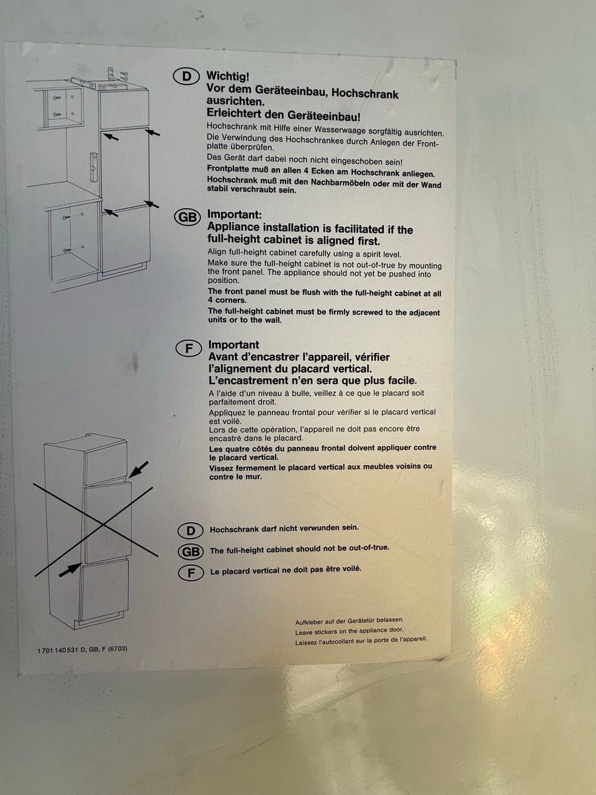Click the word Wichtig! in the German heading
pyautogui.click(x=228, y=76)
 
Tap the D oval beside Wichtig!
pyautogui.click(x=186, y=76)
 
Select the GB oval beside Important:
pyautogui.click(x=187, y=217)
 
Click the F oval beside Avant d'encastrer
pyautogui.click(x=189, y=348)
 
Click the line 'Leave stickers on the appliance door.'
pyautogui.click(x=349, y=631)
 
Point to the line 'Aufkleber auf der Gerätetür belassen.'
pyautogui.click(x=349, y=621)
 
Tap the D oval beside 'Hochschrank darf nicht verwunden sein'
pyautogui.click(x=191, y=530)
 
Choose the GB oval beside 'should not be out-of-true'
pyautogui.click(x=191, y=552)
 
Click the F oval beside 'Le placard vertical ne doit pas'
pyautogui.click(x=191, y=573)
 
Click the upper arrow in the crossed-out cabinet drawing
pyautogui.click(x=138, y=470)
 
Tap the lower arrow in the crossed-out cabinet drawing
pyautogui.click(x=70, y=570)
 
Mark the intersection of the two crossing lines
pyautogui.click(x=103, y=524)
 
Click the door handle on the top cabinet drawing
pyautogui.click(x=94, y=167)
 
